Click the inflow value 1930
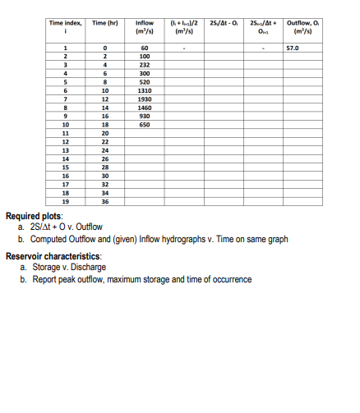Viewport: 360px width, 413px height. [145, 99]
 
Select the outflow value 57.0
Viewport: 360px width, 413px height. [292, 48]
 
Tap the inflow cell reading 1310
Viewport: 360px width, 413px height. [145, 90]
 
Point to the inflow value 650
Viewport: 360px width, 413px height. [145, 124]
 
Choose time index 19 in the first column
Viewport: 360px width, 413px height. [64, 200]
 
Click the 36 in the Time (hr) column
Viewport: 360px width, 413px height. [105, 200]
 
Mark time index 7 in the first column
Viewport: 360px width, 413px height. [64, 99]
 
